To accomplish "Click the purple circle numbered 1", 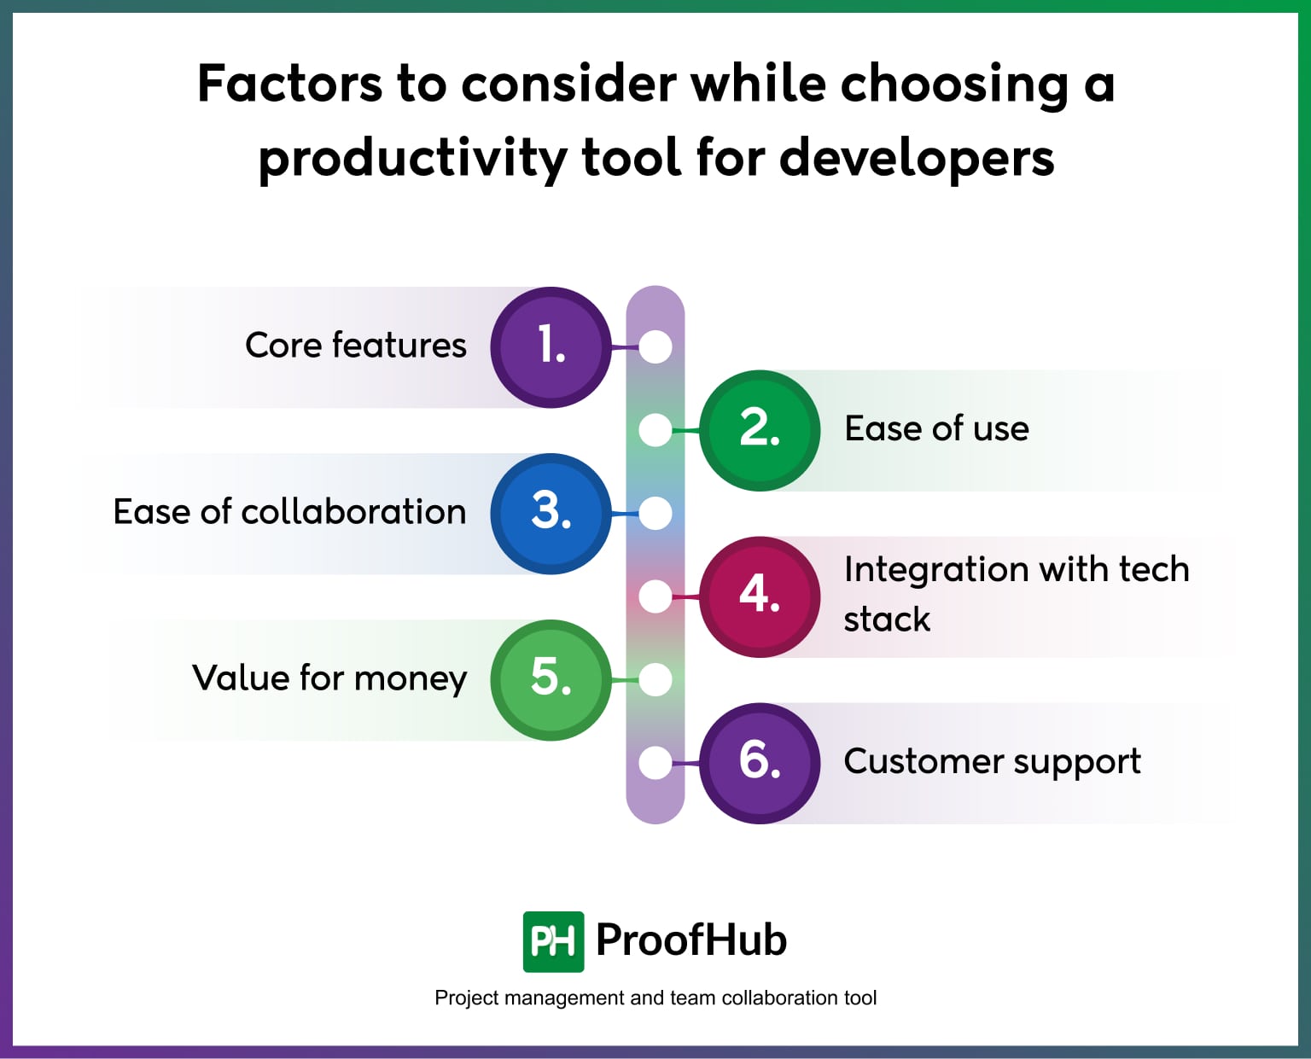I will point(551,346).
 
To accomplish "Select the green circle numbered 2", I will point(760,430).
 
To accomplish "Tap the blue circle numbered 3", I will point(551,513).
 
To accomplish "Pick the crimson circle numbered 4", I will point(760,596).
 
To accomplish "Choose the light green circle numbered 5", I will point(551,679).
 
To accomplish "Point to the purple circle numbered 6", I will point(760,762).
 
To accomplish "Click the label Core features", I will point(355,346).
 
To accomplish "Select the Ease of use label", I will point(936,428).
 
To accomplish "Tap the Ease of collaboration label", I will point(289,512).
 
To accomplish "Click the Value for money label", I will point(329,678).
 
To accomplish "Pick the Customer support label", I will point(992,761).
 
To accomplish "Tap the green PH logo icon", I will point(553,941).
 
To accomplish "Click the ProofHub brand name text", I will point(690,940).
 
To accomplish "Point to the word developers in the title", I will point(917,158).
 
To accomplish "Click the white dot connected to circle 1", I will point(655,347).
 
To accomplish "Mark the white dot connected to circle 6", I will point(655,763).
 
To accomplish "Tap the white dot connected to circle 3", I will point(655,514).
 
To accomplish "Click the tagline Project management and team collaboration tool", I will point(655,998).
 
